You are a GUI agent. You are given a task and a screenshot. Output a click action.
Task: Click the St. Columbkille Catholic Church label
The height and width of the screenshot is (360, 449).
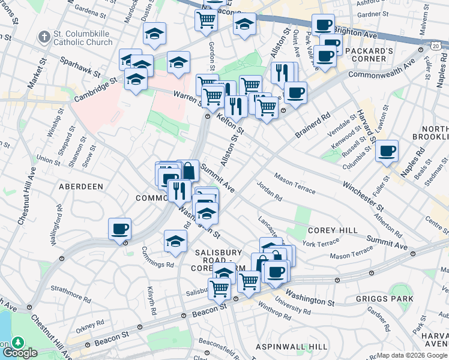[83, 37]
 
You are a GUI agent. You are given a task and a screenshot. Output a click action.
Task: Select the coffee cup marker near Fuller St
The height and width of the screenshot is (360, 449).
[387, 150]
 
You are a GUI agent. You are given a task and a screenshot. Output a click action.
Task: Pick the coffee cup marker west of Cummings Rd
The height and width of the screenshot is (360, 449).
[119, 229]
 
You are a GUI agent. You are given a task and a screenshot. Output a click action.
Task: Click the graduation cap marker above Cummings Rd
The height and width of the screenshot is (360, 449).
[175, 241]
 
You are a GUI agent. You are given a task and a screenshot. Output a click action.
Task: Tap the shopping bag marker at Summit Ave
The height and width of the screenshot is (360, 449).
[188, 171]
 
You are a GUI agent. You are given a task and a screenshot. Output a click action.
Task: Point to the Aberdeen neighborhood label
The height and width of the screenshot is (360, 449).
[80, 187]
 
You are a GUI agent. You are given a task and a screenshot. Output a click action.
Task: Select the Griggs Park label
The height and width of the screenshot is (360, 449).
[384, 298]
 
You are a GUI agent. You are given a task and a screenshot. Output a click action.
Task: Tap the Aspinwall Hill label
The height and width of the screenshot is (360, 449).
[291, 347]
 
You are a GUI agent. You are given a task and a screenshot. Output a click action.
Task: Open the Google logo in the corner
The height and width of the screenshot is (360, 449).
[20, 353]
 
